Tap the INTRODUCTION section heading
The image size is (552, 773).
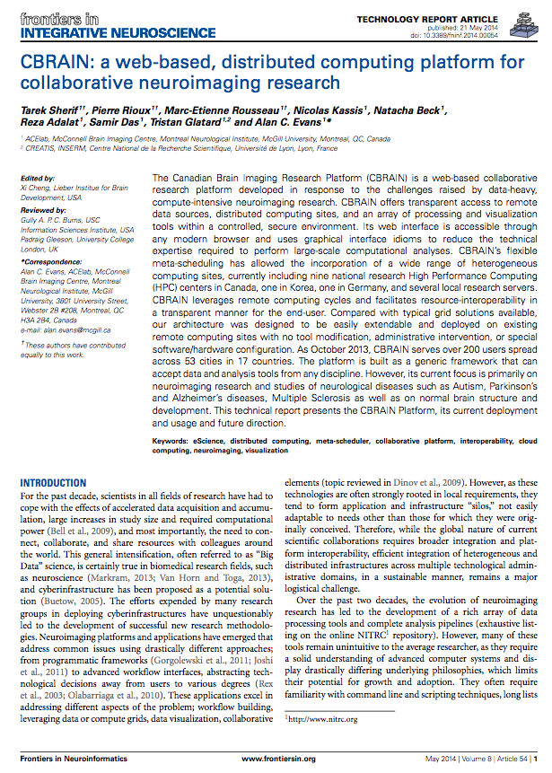click(x=53, y=482)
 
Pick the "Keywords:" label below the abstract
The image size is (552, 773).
click(x=175, y=441)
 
